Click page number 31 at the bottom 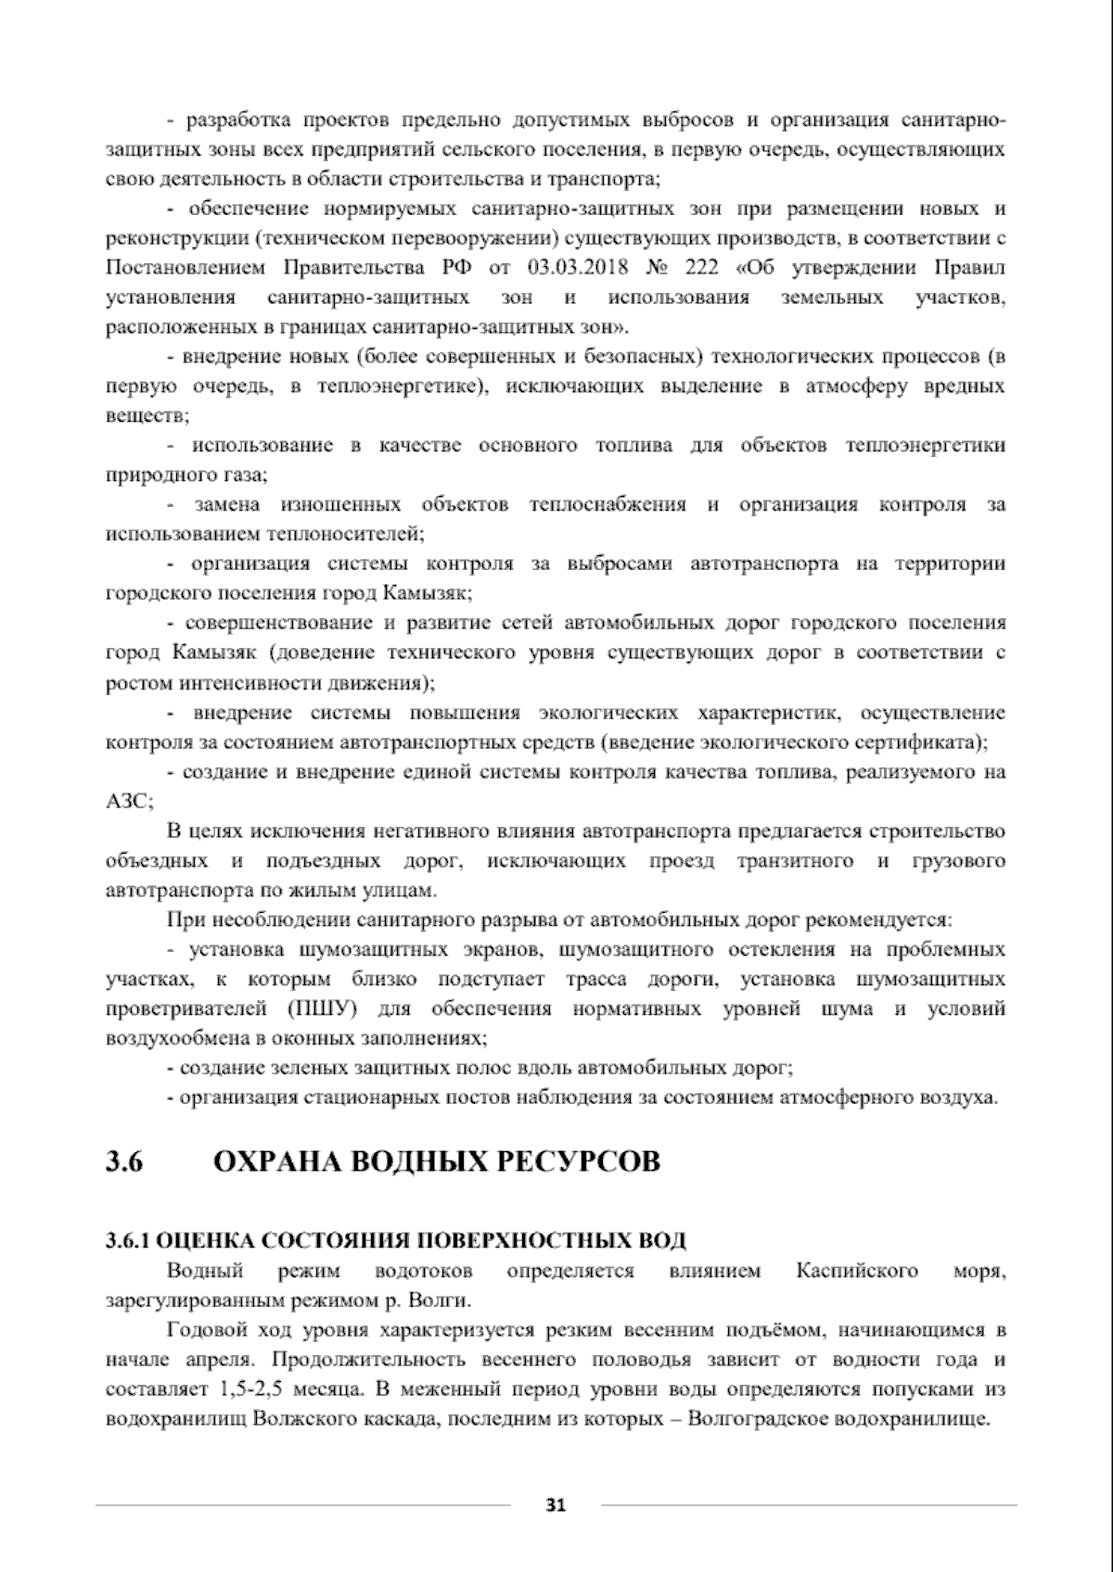pos(556,1505)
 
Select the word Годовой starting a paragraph pos(202,1331)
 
